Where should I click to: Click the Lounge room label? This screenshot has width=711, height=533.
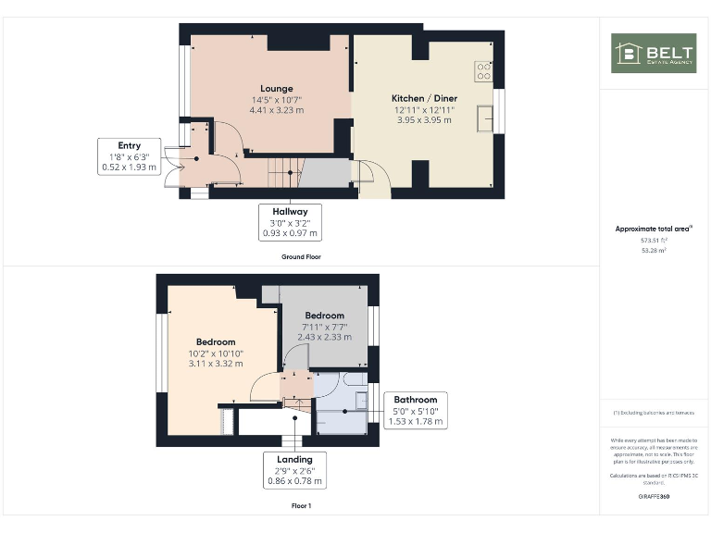coord(276,89)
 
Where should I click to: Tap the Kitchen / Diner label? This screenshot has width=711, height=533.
coord(424,98)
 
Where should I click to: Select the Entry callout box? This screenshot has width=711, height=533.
coord(129,156)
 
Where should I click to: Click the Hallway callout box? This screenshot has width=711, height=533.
coord(290,223)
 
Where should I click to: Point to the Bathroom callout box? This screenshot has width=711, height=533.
coord(415,411)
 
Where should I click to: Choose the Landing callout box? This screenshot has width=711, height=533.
coord(294,470)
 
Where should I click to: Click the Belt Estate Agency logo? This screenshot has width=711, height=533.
coord(653,53)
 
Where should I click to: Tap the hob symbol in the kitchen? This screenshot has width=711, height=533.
coord(483,69)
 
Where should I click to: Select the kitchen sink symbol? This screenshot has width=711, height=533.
coord(484,118)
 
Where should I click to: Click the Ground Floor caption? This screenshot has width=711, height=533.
coord(301,256)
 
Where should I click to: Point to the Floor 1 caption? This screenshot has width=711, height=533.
coord(301,506)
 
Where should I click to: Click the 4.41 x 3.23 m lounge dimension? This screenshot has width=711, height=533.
coord(276,110)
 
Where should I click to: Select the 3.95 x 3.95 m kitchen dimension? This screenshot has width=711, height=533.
coord(424,119)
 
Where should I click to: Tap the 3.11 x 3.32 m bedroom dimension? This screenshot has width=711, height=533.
coord(215,364)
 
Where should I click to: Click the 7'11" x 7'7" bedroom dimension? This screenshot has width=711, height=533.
coord(324,327)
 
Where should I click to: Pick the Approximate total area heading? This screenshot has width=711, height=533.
coord(653,229)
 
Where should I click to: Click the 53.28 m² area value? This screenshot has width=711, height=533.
coord(653,249)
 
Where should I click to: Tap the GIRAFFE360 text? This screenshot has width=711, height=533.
coord(653,497)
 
